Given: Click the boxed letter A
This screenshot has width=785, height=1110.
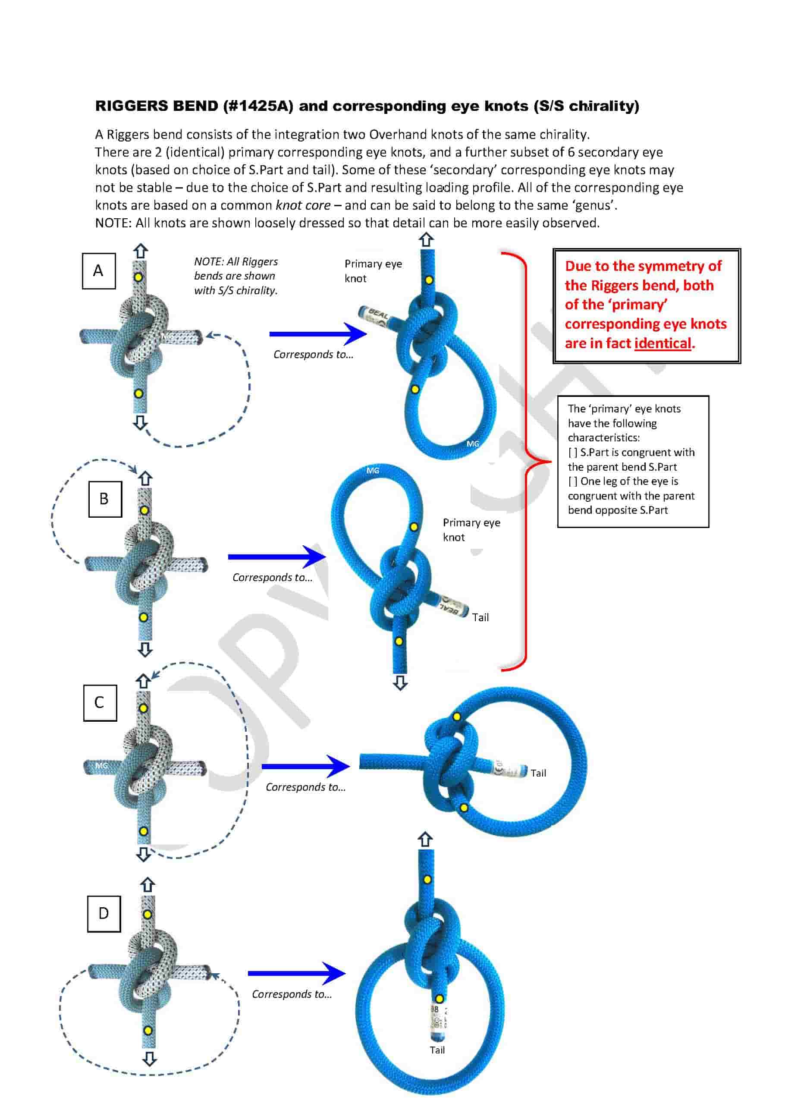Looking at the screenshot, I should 99,271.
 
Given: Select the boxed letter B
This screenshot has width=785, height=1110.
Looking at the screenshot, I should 104,499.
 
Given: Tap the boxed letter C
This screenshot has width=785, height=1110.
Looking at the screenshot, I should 100,703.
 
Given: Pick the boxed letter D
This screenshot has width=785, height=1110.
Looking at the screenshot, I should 104,913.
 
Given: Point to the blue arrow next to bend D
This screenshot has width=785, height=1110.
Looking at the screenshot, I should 296,973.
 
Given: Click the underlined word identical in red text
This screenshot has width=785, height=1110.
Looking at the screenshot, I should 663,343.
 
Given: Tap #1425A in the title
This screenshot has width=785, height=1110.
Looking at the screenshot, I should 257,106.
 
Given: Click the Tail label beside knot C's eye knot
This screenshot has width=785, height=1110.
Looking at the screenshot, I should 538,773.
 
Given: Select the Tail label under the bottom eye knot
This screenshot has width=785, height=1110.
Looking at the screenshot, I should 437,1050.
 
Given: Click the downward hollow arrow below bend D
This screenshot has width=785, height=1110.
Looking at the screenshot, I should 149,1059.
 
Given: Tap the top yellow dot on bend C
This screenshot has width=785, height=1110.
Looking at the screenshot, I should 143,708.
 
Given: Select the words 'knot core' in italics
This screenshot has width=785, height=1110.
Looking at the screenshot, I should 303,205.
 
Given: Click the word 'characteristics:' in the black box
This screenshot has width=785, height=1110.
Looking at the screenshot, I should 603,437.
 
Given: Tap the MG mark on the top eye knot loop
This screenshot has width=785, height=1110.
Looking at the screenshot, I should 472,444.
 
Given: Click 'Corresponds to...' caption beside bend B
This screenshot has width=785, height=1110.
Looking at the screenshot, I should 272,577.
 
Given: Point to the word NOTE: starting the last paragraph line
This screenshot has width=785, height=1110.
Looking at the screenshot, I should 113,223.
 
